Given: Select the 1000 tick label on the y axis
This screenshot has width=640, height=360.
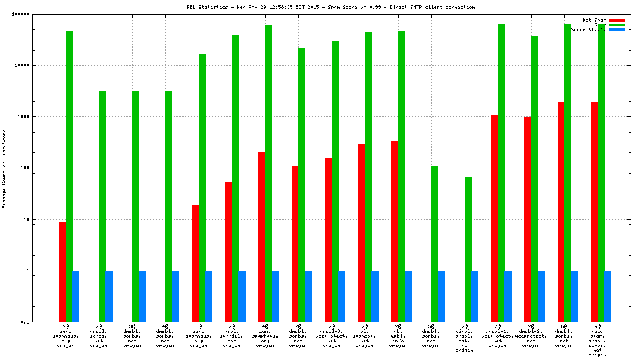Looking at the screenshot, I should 41,116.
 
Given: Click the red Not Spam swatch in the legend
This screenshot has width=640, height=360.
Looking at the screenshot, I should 618,20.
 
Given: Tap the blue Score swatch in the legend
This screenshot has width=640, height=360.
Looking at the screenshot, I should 618,29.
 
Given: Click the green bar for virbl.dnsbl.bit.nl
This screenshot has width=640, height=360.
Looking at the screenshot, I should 468,249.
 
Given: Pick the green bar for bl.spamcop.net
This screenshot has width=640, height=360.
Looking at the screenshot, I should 368,176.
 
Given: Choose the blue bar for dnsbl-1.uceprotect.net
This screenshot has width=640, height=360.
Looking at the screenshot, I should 508,296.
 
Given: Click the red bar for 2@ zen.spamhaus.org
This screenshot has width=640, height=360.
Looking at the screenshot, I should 62,271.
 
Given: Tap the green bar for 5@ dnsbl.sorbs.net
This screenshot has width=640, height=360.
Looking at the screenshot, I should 435,244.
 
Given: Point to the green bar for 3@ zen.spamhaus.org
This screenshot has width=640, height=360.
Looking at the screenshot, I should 202,188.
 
